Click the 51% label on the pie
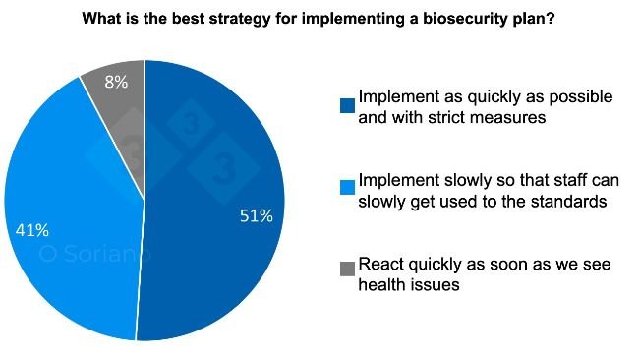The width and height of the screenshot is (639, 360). (x=256, y=216)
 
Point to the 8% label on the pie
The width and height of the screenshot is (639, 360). (x=117, y=83)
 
